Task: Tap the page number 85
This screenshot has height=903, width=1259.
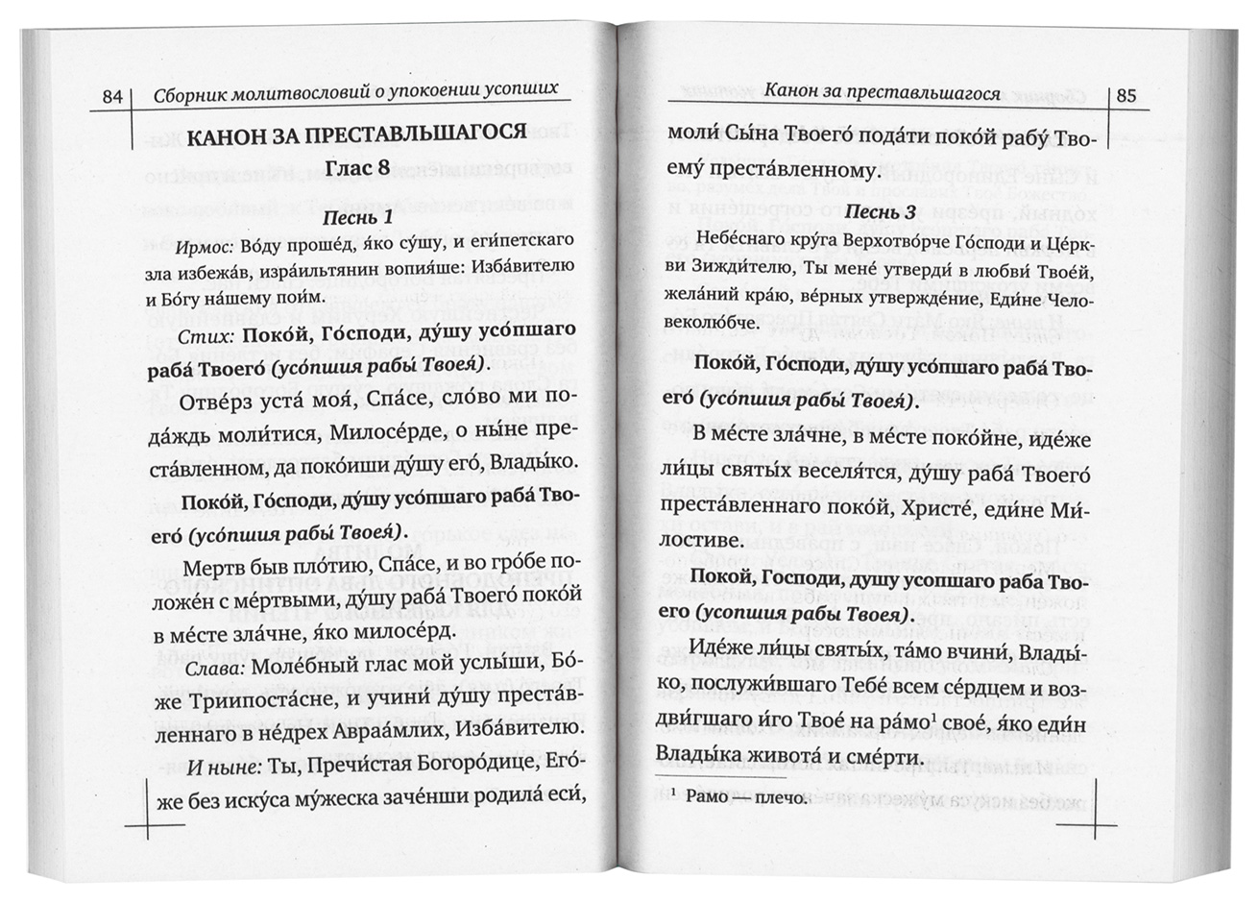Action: (x=1126, y=95)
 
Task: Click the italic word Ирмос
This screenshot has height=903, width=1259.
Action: (x=207, y=248)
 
